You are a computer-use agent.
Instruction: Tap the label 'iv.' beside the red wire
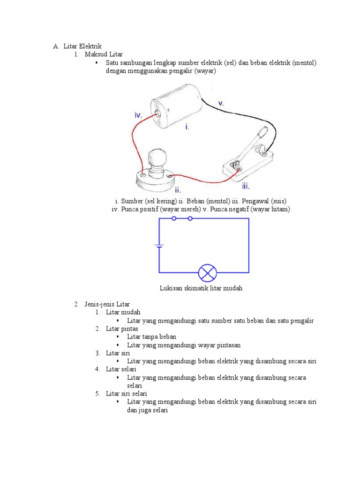(x=138, y=114)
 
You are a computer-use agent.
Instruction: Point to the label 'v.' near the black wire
(x=221, y=104)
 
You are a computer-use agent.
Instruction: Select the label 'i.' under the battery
(x=187, y=127)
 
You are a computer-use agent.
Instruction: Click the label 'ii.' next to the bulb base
(x=178, y=190)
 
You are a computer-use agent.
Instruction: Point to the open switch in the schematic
(x=182, y=218)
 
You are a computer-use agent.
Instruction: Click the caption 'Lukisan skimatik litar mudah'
(x=201, y=288)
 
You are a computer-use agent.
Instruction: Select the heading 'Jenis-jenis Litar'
(x=107, y=304)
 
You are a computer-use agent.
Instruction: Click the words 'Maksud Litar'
(x=104, y=54)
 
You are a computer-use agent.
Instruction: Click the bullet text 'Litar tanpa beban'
(x=152, y=337)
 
